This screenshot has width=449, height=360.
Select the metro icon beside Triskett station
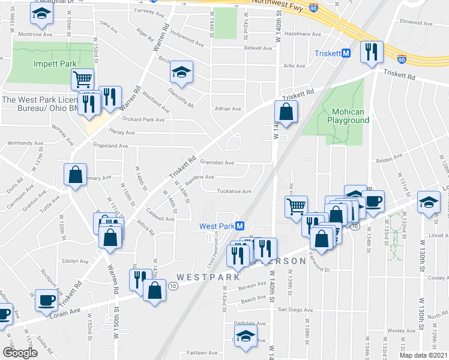[x=346, y=53]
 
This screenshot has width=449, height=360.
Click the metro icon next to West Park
[x=239, y=226]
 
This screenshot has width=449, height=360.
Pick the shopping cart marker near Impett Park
[x=82, y=78]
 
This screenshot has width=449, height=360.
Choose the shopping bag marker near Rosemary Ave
[x=76, y=175]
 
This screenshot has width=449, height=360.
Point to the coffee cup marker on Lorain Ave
[x=46, y=300]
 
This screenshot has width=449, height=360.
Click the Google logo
[x=20, y=353]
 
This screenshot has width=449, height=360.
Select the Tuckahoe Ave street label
[x=234, y=191]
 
